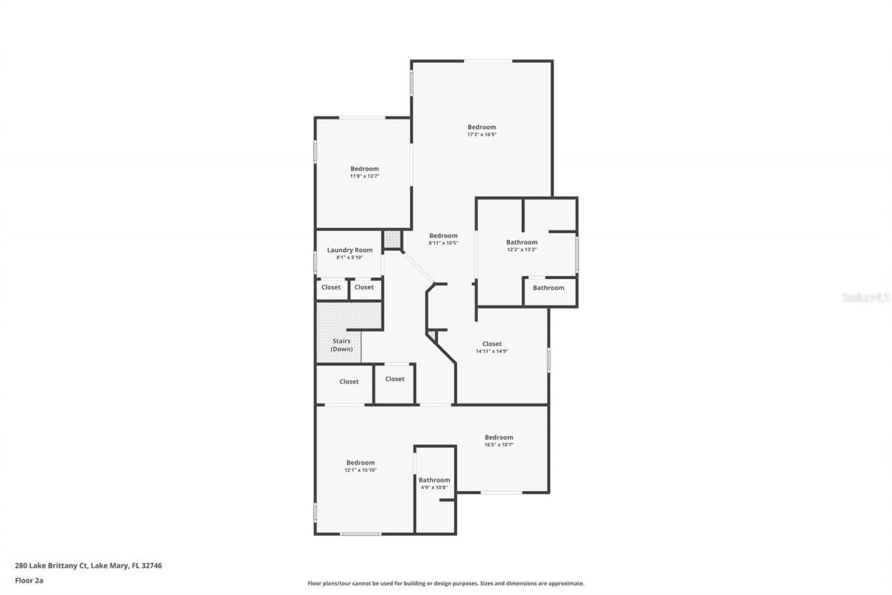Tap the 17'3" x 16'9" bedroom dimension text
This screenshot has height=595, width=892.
coord(482,135)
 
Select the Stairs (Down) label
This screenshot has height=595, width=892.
coord(341,345)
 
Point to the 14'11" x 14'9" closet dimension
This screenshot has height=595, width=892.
coord(491,352)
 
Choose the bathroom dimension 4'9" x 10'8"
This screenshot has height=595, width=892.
coord(434,488)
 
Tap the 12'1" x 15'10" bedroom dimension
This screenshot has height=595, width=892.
coord(360,470)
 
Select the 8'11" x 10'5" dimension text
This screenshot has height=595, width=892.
coord(443,243)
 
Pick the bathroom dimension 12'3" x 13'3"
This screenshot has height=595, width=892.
coord(521,250)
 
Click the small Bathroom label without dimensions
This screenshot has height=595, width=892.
coord(548,287)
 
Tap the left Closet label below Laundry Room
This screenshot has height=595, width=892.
coord(331,287)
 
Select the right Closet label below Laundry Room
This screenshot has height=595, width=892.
coord(364,287)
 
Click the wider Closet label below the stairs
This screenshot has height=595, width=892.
coord(349,382)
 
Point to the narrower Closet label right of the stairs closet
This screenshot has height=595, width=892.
coord(394,379)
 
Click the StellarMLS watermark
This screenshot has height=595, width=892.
coord(866,297)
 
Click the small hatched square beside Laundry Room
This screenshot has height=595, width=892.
coord(392,239)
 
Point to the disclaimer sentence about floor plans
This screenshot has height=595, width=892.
coord(446,583)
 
